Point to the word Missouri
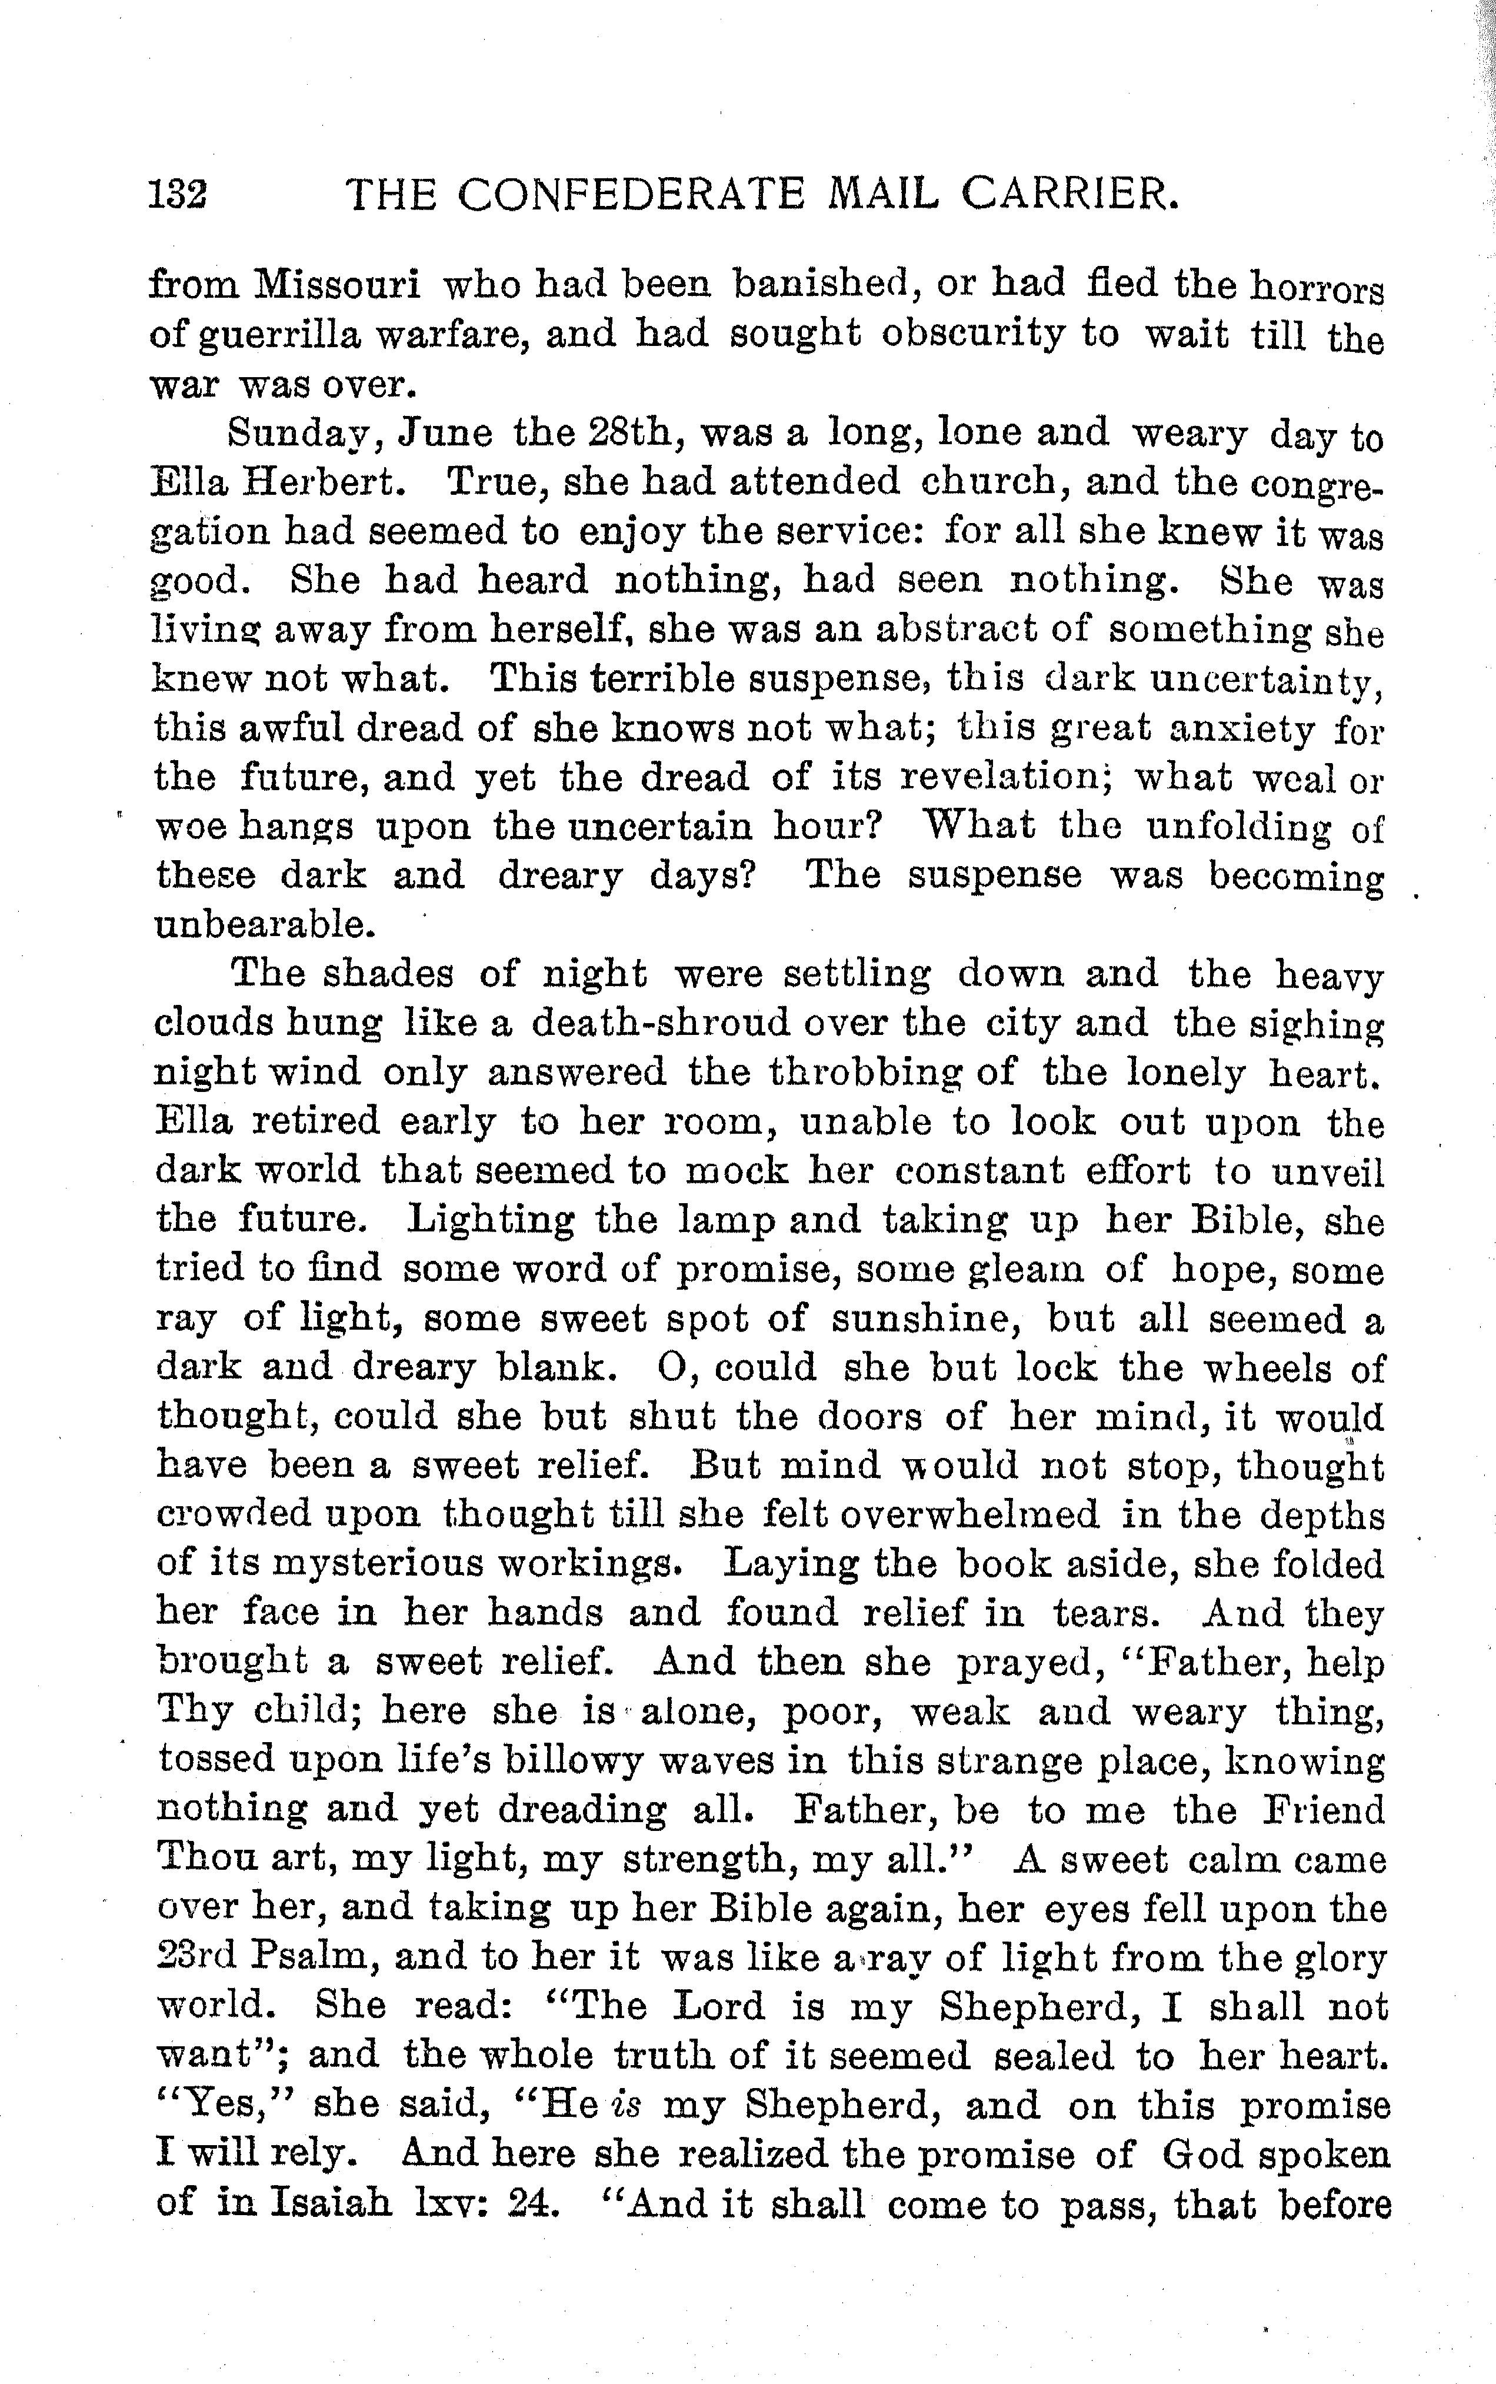(x=336, y=285)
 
